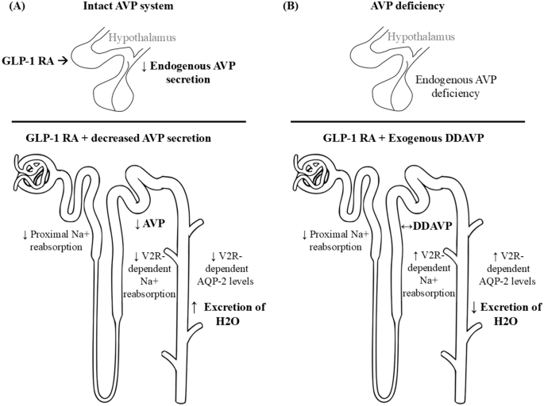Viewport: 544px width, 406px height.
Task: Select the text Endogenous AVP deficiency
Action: (x=451, y=84)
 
